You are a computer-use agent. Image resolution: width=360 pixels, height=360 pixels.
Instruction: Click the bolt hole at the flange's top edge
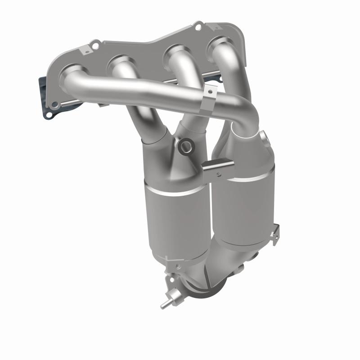pyautogui.click(x=197, y=27)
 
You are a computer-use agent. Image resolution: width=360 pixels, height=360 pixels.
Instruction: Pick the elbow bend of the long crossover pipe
pyautogui.click(x=247, y=115)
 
